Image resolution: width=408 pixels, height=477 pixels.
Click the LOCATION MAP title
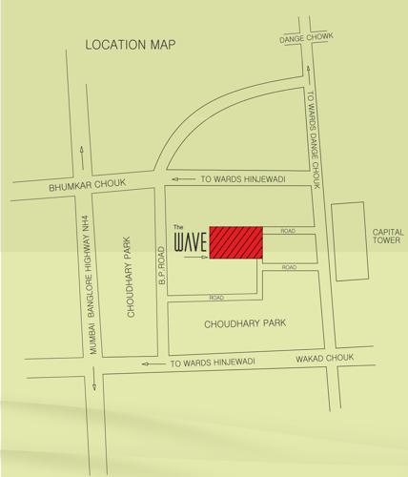pyautogui.click(x=131, y=45)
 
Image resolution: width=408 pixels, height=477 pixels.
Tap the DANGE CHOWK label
pyautogui.click(x=306, y=39)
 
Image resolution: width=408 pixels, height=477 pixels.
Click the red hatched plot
pyautogui.click(x=235, y=241)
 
